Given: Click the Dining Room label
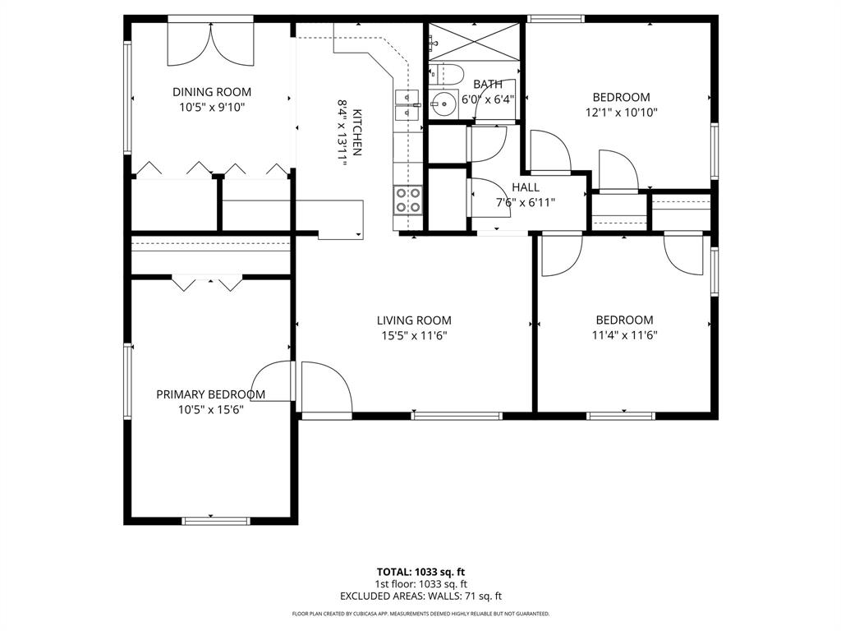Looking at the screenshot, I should coord(211,92).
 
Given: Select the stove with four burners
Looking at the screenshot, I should coord(408,200).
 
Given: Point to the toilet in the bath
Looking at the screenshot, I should coord(443,75).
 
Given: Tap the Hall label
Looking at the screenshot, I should coord(526,187).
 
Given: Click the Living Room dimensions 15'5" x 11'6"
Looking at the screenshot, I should coord(414,335).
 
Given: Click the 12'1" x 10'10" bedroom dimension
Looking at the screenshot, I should coord(622,112).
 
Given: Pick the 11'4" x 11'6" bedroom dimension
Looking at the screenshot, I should coord(624,334).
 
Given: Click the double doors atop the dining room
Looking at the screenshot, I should coord(211,43).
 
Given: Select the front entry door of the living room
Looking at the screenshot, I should coord(325,389).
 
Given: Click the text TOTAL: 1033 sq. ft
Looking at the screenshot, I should coord(420,572).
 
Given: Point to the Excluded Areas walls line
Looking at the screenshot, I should coord(420,596).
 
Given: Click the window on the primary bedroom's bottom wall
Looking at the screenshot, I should coord(215,520).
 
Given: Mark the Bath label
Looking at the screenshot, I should coord(488,85).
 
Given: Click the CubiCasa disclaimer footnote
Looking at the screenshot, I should coord(420,614).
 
